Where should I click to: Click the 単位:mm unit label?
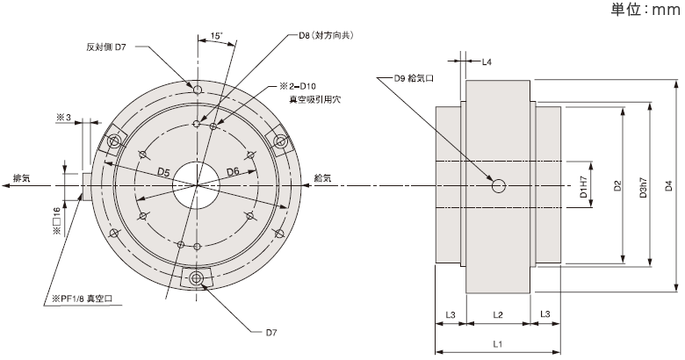[x=646, y=11]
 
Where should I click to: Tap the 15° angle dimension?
[x=216, y=36]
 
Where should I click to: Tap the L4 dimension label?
[x=486, y=62]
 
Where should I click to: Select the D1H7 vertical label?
[x=584, y=186]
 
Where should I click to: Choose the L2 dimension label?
[x=498, y=313]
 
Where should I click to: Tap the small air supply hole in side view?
[x=499, y=185]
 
